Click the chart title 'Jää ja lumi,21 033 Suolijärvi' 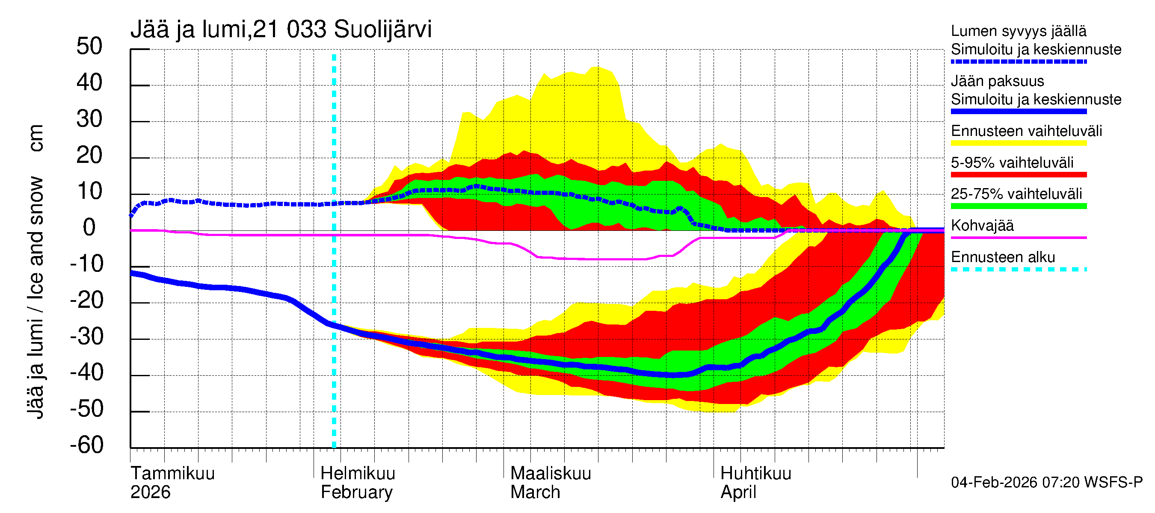[281, 29]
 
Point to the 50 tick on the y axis [89, 47]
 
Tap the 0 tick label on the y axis [89, 228]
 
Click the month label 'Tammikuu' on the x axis [173, 474]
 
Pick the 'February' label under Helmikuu [356, 492]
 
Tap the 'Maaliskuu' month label [551, 474]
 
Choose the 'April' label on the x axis [738, 492]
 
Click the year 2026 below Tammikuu [150, 492]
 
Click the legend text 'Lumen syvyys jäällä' [1018, 31]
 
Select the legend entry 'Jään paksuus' [997, 82]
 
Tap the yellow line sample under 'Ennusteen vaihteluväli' [1018, 143]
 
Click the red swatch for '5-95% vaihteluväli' [1018, 175]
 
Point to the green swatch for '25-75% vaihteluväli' [1018, 206]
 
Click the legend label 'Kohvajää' [982, 226]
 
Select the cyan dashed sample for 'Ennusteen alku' [1018, 269]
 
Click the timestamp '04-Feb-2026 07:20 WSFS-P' [1046, 483]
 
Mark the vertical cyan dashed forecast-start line [334, 314]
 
